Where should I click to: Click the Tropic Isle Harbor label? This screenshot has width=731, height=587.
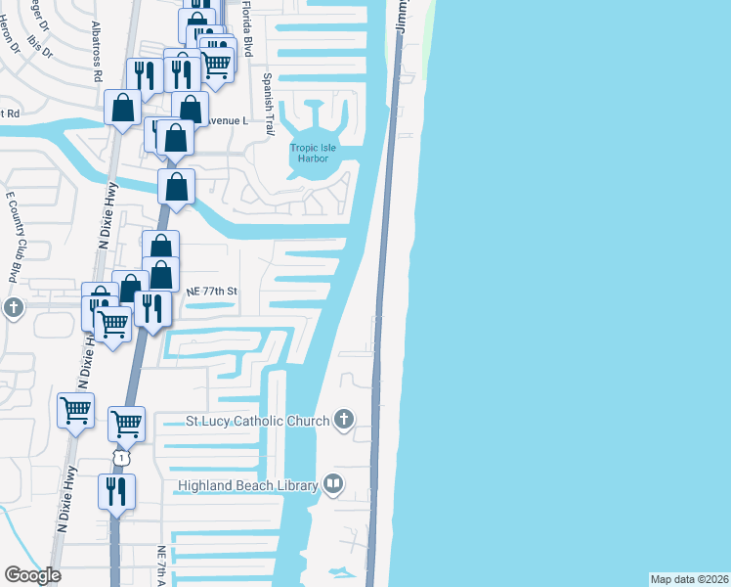click(313, 154)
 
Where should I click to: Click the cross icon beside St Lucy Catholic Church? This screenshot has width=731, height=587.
click(343, 420)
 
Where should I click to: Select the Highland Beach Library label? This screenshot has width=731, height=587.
click(247, 485)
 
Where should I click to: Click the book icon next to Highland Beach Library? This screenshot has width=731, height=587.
click(333, 484)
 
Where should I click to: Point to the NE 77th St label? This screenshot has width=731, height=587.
click(212, 292)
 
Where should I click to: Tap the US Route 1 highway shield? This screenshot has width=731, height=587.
click(120, 458)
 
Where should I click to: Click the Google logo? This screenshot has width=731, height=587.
click(32, 575)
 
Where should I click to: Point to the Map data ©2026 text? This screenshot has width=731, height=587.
click(690, 578)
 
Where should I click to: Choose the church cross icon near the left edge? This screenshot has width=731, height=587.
click(12, 308)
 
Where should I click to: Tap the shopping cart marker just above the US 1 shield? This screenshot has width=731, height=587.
click(126, 424)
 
